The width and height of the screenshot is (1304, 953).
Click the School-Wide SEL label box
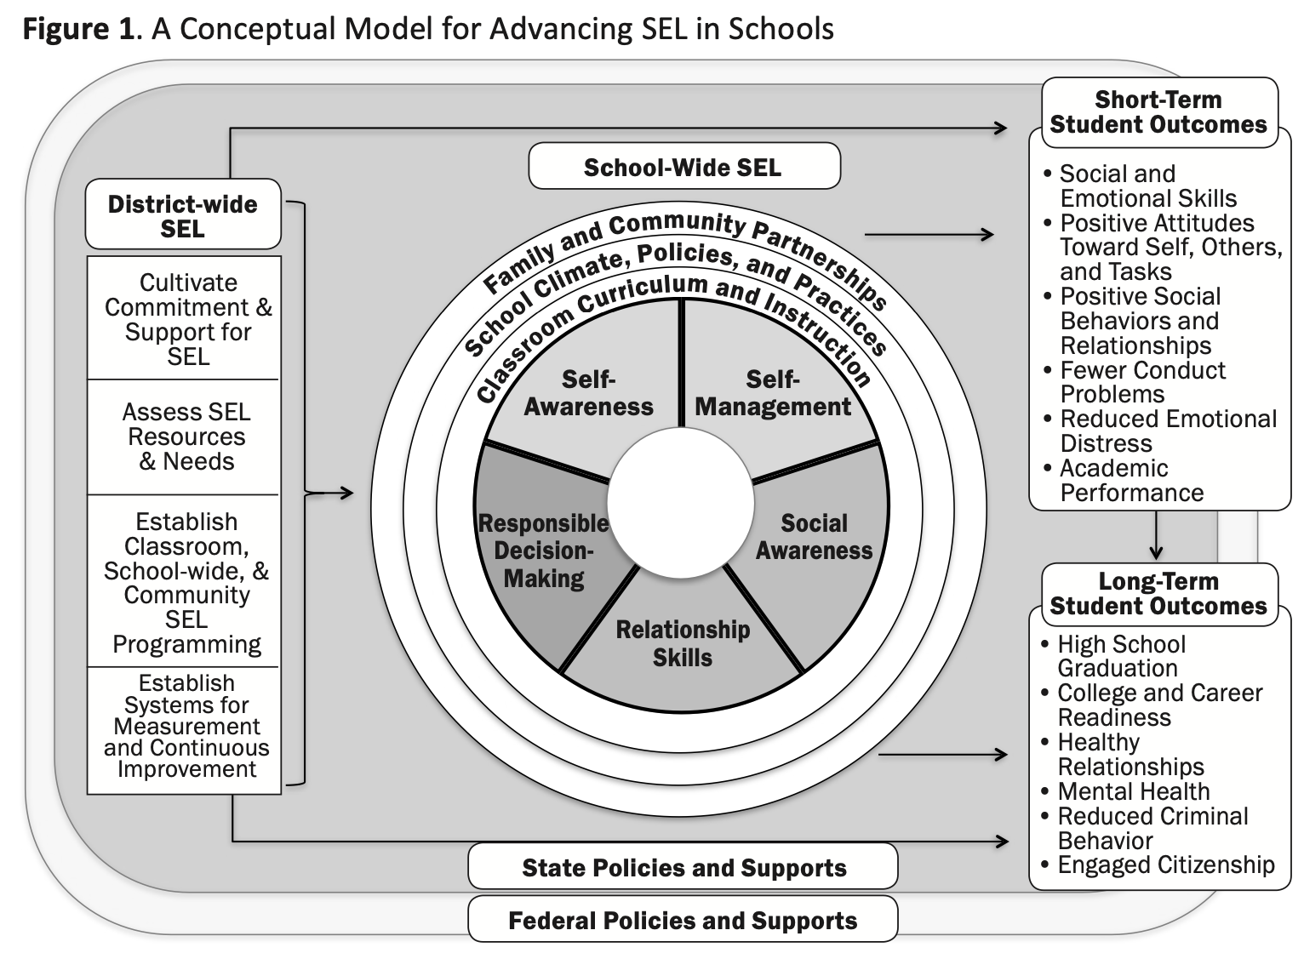[x=683, y=167]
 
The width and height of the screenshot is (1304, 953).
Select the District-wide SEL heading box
[x=182, y=216]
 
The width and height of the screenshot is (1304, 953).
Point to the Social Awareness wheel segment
[x=814, y=537]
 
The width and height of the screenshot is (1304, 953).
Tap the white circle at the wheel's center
[x=680, y=502]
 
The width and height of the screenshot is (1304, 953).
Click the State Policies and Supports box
[x=683, y=868]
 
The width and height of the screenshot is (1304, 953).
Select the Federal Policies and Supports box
[x=683, y=921]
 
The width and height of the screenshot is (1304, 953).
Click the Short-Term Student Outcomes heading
[x=1158, y=112]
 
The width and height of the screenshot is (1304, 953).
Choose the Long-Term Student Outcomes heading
[x=1158, y=594]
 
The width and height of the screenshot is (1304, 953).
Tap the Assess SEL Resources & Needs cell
[x=186, y=437]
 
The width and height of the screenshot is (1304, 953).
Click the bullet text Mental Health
[x=1133, y=791]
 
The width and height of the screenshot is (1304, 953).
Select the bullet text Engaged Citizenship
[x=1165, y=865]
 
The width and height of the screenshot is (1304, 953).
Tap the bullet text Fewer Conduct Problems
[x=1141, y=382]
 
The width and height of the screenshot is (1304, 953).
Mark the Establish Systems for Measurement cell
[x=186, y=727]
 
